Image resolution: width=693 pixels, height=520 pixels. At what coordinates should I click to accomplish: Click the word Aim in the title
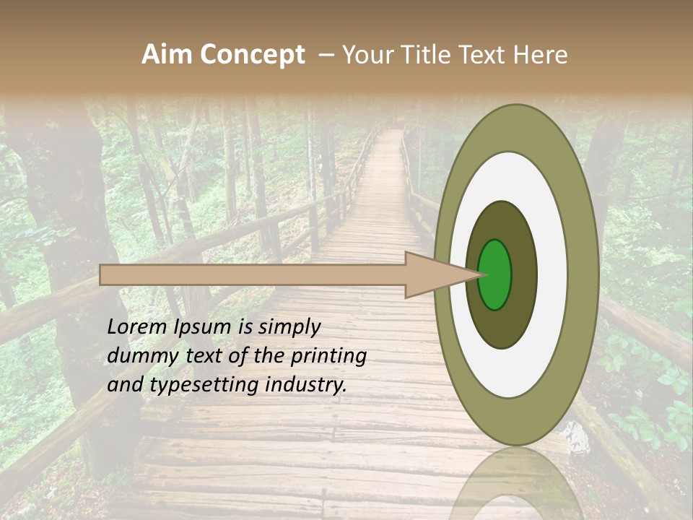pos(167,55)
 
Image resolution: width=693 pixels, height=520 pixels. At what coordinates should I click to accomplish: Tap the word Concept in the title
pos(251,55)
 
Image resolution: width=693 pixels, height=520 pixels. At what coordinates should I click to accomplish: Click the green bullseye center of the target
pos(494,274)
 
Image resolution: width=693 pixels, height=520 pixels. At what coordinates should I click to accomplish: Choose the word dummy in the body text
pos(138,356)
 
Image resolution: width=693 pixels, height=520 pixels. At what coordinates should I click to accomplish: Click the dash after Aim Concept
pos(326,55)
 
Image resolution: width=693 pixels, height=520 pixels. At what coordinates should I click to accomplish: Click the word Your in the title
pos(365,55)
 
